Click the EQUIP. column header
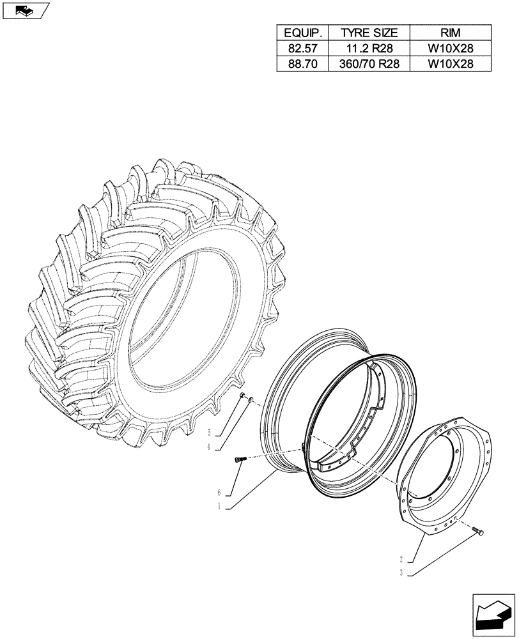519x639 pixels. [302, 33]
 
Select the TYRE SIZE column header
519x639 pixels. [369, 33]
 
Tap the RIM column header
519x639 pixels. [450, 33]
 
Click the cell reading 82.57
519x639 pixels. [302, 48]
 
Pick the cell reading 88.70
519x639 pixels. [302, 63]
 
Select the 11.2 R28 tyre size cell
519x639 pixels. [369, 48]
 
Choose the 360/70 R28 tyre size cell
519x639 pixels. [369, 63]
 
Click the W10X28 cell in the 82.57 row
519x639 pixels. [450, 48]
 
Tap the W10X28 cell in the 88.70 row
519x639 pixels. [450, 63]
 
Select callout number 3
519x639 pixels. [401, 573]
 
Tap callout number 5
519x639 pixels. [210, 433]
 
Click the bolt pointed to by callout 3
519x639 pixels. [479, 532]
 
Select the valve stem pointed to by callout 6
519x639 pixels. [241, 459]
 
